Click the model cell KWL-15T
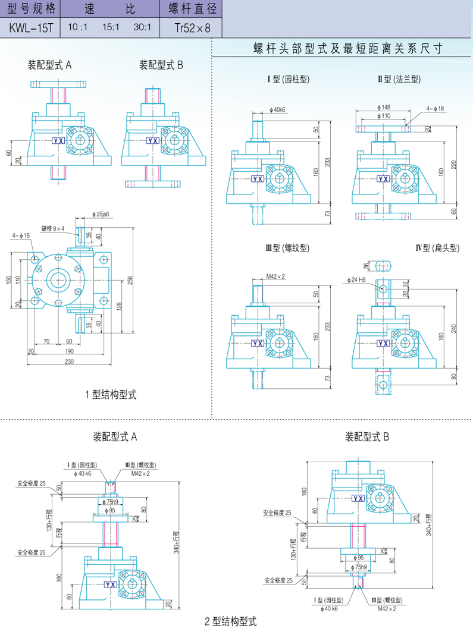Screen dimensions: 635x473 pos(30,27)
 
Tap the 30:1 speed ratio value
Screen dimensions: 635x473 pos(143,27)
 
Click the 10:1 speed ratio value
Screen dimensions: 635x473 pos(78,27)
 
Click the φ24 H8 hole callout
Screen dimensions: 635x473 pos(358,279)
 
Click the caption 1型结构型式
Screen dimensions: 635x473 pos(111,394)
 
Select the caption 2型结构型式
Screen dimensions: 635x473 pos(231,622)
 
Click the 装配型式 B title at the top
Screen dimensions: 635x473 pos(161,64)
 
